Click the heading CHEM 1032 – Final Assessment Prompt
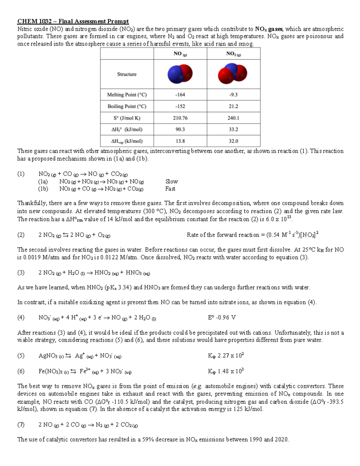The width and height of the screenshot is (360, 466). point(73,21)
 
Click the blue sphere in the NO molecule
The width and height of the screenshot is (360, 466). point(175,75)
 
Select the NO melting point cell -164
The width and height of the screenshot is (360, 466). point(180,95)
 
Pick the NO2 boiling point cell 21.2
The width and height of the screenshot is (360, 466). point(233,106)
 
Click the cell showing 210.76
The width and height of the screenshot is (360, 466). point(180,118)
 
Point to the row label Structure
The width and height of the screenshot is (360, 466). point(127,74)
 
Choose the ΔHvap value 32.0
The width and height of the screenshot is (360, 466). point(233,141)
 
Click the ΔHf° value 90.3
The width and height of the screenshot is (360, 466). point(180,129)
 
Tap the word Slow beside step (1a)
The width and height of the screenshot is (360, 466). point(171,182)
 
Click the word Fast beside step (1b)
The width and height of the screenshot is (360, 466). point(170,189)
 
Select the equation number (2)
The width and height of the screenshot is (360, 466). point(21,235)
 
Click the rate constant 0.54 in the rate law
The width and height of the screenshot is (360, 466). point(274,235)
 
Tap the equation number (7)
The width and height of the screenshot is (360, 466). point(21,425)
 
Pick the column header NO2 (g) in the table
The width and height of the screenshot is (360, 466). point(233,54)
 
